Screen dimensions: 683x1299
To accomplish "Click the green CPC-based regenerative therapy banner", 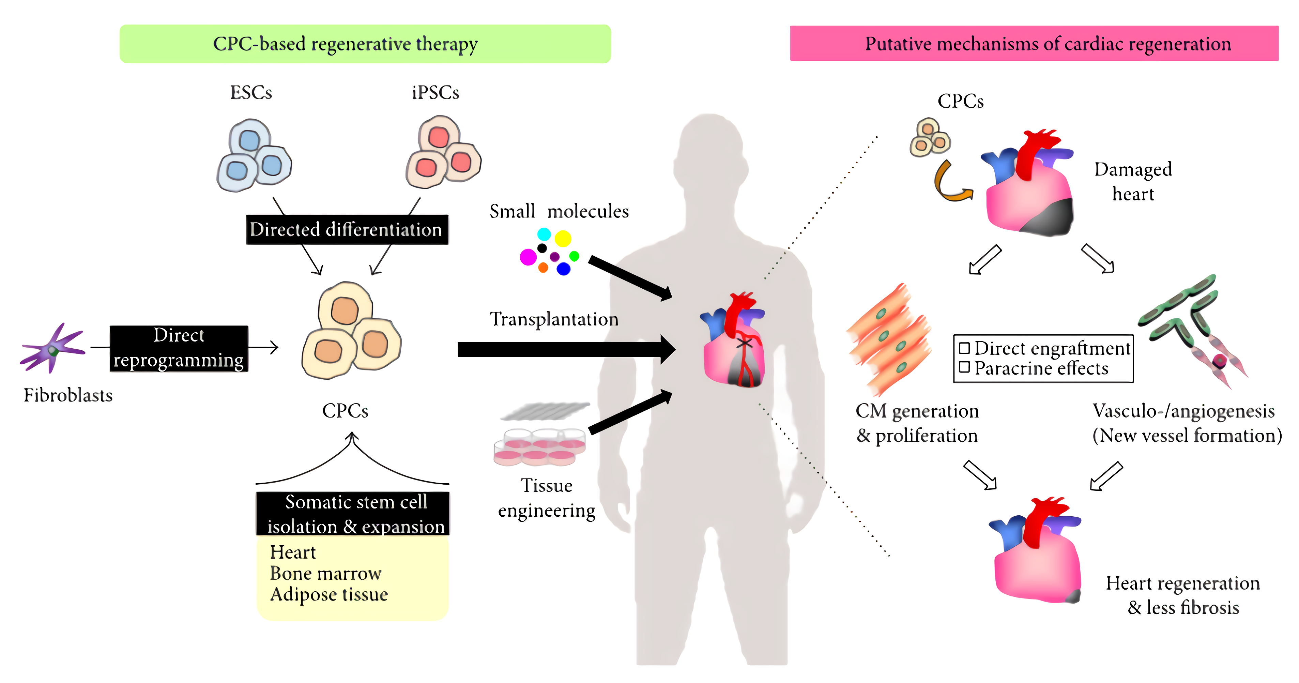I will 365,44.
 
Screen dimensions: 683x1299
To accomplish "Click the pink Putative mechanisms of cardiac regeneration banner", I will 1034,44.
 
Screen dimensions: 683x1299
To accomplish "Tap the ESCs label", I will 250,93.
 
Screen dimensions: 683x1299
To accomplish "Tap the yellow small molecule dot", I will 563,238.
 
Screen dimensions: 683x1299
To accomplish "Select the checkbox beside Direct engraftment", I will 964,348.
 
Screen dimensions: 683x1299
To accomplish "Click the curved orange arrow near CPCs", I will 948,184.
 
